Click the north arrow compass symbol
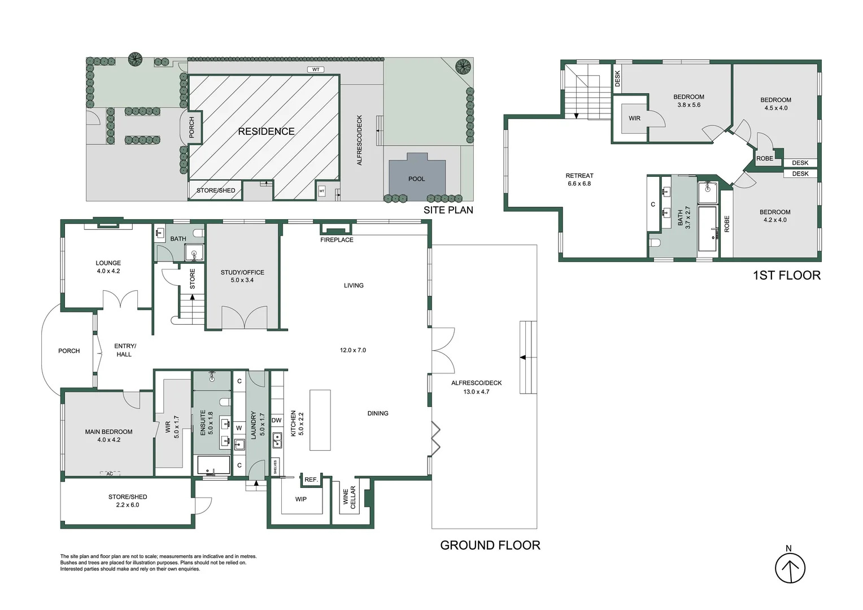790,568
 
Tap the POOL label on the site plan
416,179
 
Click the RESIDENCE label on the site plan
266,132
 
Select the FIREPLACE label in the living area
337,240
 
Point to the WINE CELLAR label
350,498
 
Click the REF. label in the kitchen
311,480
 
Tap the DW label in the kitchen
277,420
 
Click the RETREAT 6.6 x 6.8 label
579,180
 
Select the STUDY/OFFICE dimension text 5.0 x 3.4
242,280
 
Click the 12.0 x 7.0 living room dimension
353,350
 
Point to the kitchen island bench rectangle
320,420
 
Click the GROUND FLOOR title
490,546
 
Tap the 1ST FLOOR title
786,276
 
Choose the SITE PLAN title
448,210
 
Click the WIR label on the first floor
635,119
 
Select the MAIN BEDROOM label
108,432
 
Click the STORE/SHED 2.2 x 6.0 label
128,501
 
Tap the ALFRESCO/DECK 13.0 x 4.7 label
476,387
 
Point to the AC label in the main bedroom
110,474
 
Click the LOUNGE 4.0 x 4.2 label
108,267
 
